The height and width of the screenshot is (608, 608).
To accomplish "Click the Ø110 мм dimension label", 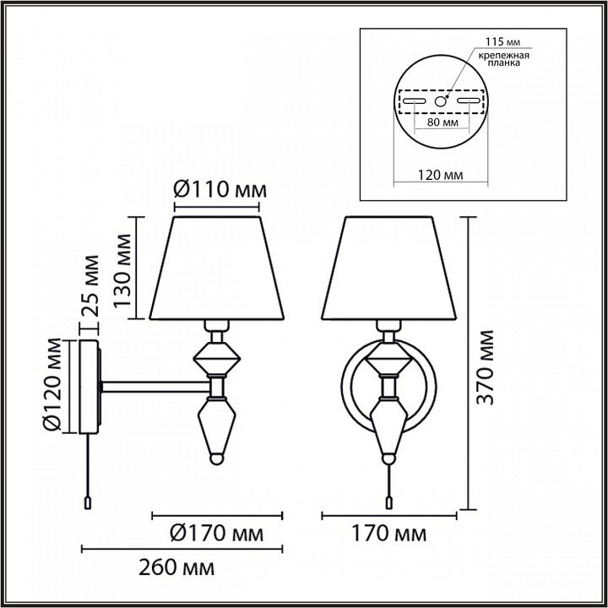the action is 220,190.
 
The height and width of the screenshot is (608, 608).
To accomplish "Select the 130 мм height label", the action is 123,271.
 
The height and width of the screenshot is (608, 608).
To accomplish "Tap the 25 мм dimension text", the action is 90,285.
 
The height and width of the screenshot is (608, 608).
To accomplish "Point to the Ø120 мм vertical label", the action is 52,385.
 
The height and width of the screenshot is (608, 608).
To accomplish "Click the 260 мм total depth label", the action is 176,568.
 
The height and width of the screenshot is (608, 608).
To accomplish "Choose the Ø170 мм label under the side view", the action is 217,533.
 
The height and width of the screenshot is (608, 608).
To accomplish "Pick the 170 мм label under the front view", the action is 388,533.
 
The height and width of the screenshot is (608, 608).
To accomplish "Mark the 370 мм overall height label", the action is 485,367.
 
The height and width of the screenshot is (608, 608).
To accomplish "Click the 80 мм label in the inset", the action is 442,122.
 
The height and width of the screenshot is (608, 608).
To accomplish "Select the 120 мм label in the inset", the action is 440,175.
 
